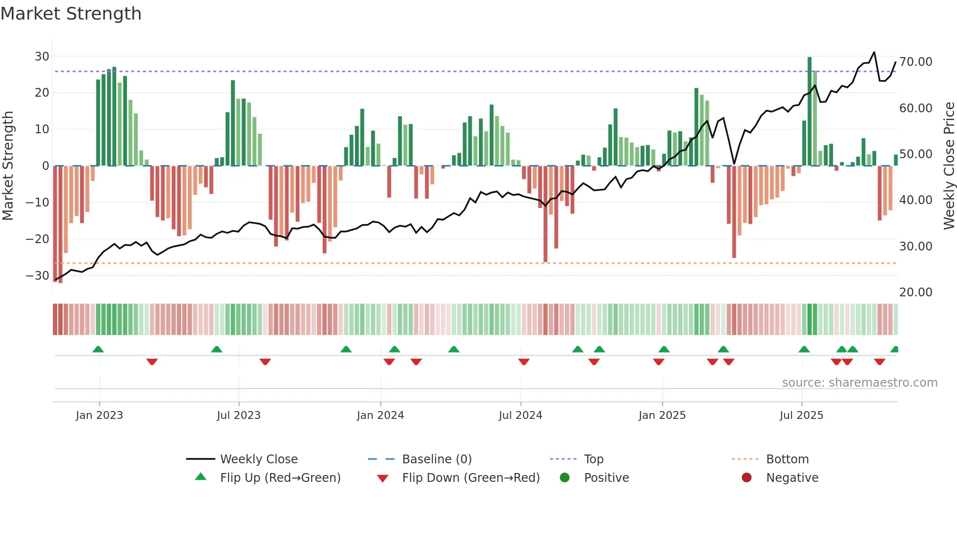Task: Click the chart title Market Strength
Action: click(71, 14)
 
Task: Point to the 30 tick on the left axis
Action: click(42, 57)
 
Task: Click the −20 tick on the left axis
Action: click(38, 239)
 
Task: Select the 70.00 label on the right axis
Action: click(915, 62)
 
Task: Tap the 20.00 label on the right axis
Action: click(915, 292)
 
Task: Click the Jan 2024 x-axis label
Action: click(380, 415)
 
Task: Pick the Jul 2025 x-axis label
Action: click(801, 415)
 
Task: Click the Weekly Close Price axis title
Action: click(949, 166)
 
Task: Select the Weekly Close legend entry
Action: click(258, 459)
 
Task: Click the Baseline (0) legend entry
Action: click(437, 459)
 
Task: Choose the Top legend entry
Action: click(593, 459)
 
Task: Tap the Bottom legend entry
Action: click(787, 459)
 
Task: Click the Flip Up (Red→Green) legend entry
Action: click(280, 478)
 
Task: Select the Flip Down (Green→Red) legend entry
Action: click(471, 478)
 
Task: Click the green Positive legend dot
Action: click(564, 478)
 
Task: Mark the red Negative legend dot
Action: click(747, 478)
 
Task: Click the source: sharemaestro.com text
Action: click(859, 383)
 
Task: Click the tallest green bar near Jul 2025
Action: click(810, 111)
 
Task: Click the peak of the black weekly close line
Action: click(874, 52)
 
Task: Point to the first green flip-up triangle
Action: click(98, 350)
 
